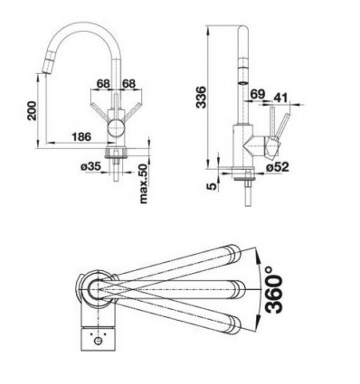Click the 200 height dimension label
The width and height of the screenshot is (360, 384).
coord(32,111)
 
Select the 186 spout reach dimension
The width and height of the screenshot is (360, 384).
coord(81,136)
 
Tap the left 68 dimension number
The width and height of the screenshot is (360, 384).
coord(103,83)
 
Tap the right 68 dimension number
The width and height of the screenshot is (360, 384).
coord(128,83)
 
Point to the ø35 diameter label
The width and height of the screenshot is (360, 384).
coord(90,166)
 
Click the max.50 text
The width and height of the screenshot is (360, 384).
coord(144,183)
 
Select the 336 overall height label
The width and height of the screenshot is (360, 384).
coord(201,97)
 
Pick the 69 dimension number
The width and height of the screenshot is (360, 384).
coord(258,94)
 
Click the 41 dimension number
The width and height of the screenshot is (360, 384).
coord(280,98)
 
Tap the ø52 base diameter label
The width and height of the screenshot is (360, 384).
coord(278,166)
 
